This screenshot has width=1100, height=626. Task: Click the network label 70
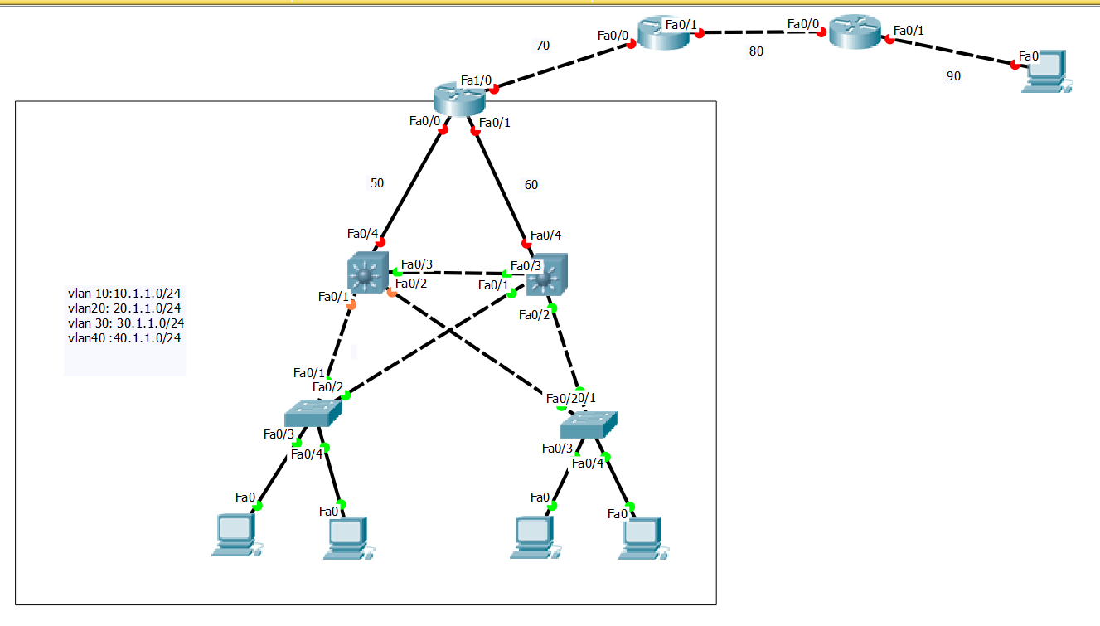[543, 46]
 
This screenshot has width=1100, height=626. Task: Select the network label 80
[756, 51]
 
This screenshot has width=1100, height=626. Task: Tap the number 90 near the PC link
[953, 76]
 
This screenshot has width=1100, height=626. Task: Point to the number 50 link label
[377, 183]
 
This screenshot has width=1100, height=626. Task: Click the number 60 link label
[531, 185]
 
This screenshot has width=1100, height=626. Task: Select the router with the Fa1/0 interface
[458, 100]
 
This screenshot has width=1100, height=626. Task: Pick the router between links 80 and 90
[855, 32]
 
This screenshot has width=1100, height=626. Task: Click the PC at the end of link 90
[1044, 71]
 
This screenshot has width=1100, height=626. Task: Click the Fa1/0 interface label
[477, 80]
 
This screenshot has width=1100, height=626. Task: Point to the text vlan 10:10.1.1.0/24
[124, 293]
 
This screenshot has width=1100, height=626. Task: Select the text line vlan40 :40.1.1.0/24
[124, 338]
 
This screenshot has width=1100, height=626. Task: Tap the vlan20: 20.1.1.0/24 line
[124, 308]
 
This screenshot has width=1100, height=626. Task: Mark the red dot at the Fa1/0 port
[494, 89]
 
